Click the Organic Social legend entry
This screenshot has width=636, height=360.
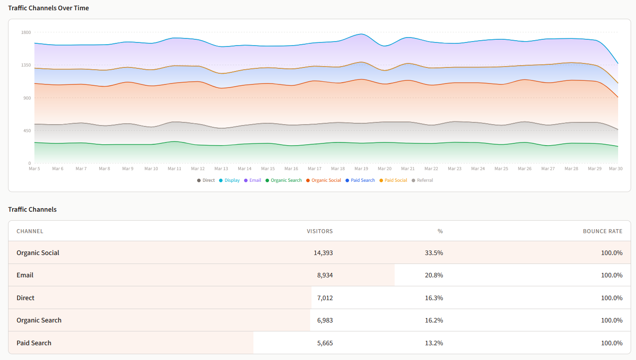pyautogui.click(x=326, y=180)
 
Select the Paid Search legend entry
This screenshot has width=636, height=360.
pyautogui.click(x=362, y=180)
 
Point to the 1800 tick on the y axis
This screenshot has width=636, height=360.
pyautogui.click(x=25, y=32)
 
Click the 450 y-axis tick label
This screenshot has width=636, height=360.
pyautogui.click(x=26, y=130)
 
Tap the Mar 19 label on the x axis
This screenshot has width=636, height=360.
pyautogui.click(x=361, y=169)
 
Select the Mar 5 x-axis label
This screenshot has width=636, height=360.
pyautogui.click(x=34, y=169)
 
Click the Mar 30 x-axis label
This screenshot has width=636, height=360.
pyautogui.click(x=615, y=169)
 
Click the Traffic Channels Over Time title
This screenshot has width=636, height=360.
pyautogui.click(x=48, y=8)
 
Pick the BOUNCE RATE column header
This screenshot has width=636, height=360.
pyautogui.click(x=602, y=231)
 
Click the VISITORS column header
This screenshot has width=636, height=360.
pyautogui.click(x=320, y=231)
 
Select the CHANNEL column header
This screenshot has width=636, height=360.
pyautogui.click(x=30, y=231)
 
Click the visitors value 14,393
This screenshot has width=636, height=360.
pyautogui.click(x=323, y=253)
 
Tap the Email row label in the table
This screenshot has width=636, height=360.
pyautogui.click(x=25, y=275)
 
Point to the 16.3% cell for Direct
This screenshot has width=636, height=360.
pyautogui.click(x=434, y=298)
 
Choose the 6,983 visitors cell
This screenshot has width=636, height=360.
pyautogui.click(x=325, y=320)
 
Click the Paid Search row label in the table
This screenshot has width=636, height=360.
pyautogui.click(x=34, y=343)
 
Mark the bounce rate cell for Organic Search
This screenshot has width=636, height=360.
pyautogui.click(x=611, y=320)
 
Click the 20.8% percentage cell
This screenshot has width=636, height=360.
pyautogui.click(x=434, y=275)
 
